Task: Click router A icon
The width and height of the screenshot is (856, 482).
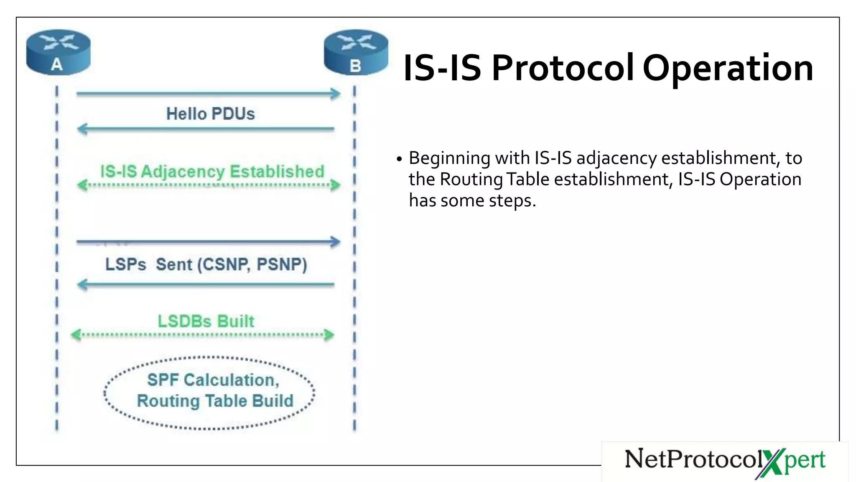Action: click(58, 52)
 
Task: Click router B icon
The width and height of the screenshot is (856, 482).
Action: click(356, 53)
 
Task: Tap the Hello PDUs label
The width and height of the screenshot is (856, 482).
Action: click(210, 114)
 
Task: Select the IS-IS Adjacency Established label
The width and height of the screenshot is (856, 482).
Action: click(212, 172)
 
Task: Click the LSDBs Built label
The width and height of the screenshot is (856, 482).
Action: click(206, 321)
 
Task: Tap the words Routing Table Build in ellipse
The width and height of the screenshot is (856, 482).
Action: click(215, 401)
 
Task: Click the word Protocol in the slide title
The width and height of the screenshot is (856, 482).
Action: click(563, 68)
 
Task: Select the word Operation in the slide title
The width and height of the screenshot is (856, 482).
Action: click(728, 68)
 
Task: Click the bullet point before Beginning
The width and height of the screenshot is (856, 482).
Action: click(399, 159)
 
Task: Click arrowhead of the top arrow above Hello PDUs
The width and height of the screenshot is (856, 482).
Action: click(336, 93)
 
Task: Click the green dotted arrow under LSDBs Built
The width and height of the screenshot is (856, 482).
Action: click(203, 335)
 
